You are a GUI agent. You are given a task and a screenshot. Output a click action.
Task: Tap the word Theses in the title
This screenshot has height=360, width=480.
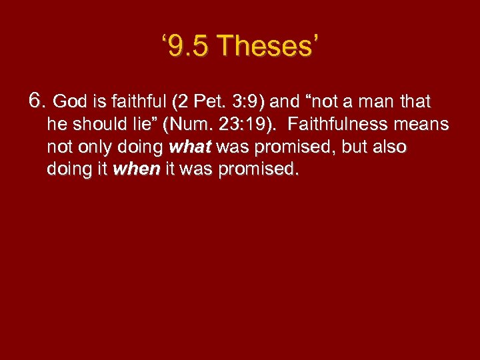(x=267, y=47)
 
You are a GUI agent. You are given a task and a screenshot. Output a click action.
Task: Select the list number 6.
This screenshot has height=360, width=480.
(x=37, y=101)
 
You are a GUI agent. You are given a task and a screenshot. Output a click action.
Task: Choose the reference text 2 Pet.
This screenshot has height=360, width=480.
(x=201, y=102)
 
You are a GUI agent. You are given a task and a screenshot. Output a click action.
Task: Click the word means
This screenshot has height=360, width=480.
(x=424, y=125)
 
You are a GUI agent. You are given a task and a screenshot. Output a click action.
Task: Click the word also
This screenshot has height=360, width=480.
(x=391, y=147)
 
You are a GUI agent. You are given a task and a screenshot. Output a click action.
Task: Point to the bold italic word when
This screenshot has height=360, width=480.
(x=137, y=169)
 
